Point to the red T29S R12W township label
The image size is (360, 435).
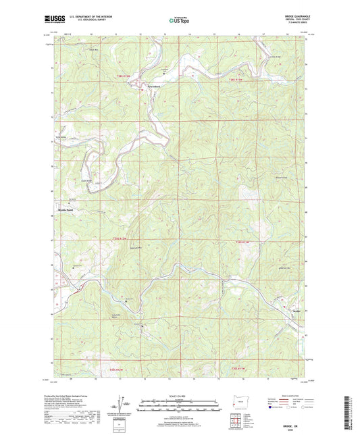click(118, 241)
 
